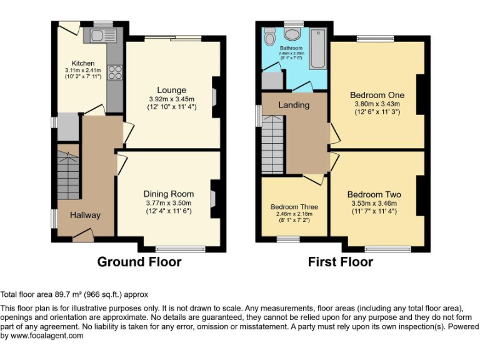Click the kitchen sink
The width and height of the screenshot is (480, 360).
(x=101, y=34)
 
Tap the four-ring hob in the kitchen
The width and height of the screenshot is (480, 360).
(x=114, y=72)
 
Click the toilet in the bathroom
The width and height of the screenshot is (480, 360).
(x=270, y=37)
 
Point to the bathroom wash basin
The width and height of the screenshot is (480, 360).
(x=292, y=34)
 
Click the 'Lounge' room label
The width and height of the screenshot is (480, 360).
(x=172, y=91)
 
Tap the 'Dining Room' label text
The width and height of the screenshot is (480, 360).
(x=169, y=194)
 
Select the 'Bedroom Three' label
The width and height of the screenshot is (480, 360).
(x=294, y=207)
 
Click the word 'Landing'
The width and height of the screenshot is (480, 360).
(x=294, y=105)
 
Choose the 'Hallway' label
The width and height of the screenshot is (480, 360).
(x=85, y=215)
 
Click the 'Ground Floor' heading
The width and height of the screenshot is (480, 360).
(x=139, y=262)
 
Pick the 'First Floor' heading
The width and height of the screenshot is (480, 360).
(x=340, y=262)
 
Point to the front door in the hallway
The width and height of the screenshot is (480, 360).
(x=82, y=235)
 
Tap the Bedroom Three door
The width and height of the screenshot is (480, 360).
(x=314, y=179)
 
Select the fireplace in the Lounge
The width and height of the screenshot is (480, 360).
(x=214, y=97)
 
